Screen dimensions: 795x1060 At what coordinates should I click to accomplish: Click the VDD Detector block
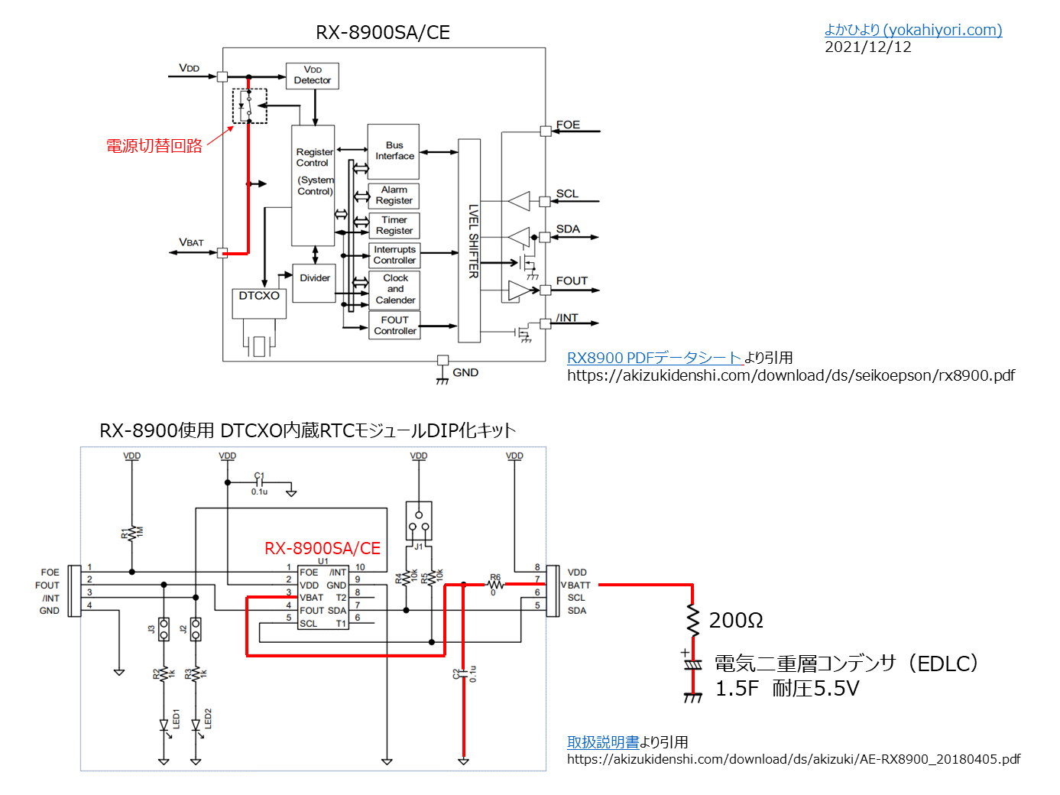(312, 76)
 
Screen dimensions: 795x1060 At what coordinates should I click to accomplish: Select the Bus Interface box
(394, 151)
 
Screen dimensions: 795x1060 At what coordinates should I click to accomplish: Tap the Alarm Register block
(394, 196)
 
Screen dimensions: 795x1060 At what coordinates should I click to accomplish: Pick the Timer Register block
(394, 226)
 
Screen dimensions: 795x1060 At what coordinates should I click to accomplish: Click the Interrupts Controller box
(394, 255)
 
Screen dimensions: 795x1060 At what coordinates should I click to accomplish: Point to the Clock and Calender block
(394, 290)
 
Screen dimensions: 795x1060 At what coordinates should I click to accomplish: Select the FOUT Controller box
(394, 326)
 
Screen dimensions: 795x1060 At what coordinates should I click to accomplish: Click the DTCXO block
(259, 303)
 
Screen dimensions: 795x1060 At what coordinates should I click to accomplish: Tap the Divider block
(314, 283)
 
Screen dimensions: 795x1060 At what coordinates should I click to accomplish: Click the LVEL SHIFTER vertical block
(469, 241)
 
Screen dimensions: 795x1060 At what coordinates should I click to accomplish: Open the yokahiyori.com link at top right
(913, 30)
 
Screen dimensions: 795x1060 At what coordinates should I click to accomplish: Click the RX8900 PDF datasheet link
(654, 358)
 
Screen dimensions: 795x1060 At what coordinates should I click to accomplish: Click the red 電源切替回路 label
(154, 146)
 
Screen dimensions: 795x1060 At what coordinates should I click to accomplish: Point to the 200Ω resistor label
(735, 621)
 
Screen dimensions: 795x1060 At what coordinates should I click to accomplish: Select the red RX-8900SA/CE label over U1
(322, 548)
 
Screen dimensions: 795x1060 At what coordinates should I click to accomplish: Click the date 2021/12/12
(867, 47)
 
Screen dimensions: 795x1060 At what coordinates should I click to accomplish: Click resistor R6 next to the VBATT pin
(495, 584)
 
